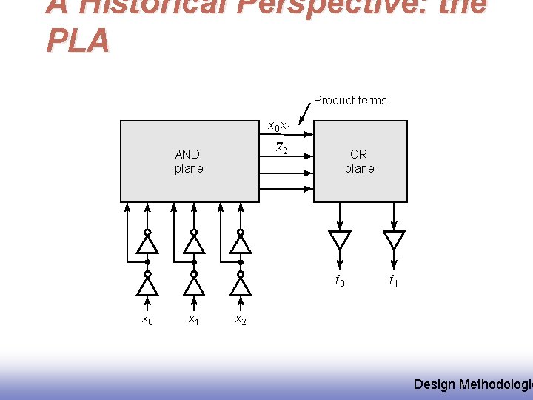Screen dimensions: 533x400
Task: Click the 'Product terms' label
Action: click(x=350, y=100)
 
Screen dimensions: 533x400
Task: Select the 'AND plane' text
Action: click(x=188, y=161)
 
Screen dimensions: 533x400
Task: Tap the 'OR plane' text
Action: click(x=359, y=161)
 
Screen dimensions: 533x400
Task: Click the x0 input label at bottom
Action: click(x=148, y=319)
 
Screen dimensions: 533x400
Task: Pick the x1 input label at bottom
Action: click(x=194, y=319)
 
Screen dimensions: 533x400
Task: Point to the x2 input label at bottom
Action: click(x=241, y=319)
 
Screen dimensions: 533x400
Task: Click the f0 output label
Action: click(x=340, y=281)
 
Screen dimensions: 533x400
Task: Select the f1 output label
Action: click(x=394, y=281)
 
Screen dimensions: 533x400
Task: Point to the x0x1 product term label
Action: click(x=279, y=125)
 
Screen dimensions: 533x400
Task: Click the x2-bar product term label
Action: click(x=281, y=148)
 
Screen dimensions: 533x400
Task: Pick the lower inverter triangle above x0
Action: click(x=148, y=285)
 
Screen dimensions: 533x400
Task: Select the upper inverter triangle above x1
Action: click(x=194, y=244)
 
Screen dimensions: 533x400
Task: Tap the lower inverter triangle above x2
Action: click(x=241, y=285)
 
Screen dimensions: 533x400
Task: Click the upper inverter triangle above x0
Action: click(x=148, y=244)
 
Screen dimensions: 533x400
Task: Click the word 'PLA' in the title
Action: click(x=78, y=41)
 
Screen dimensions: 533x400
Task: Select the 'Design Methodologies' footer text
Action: click(x=472, y=384)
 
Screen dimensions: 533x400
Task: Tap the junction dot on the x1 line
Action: click(x=194, y=262)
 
